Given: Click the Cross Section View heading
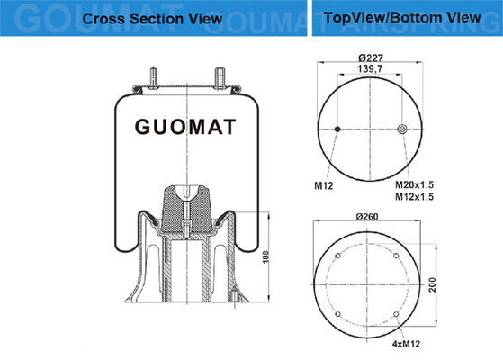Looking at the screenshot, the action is tap(152, 19).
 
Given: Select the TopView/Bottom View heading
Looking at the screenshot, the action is tap(402, 18).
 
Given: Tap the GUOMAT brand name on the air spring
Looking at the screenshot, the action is tap(185, 127).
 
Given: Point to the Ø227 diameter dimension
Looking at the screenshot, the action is tap(371, 58).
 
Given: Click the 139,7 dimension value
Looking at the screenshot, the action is tap(370, 68).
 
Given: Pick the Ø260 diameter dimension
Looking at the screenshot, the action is tap(367, 217).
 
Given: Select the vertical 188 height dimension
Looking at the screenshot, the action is tap(266, 257).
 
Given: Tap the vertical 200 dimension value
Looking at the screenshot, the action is tap(433, 285).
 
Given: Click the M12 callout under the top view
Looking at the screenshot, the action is tap(324, 185).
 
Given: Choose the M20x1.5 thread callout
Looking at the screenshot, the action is tap(414, 184).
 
